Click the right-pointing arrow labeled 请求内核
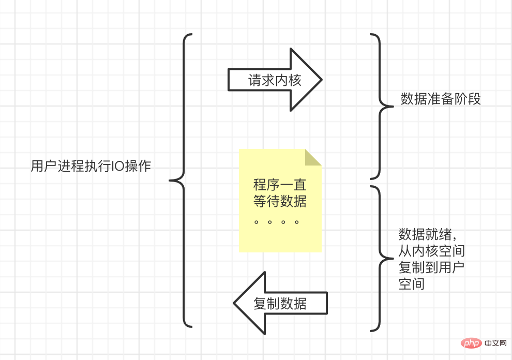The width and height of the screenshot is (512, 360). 275,80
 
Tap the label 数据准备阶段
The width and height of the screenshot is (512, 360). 441,99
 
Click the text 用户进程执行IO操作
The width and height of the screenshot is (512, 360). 91,166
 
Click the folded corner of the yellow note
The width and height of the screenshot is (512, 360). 313,157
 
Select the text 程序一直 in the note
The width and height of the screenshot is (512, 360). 280,185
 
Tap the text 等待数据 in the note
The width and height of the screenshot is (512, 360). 280,201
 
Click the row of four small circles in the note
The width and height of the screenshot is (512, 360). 277,222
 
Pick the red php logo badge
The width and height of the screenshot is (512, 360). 470,343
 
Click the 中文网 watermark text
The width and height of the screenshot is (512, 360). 496,343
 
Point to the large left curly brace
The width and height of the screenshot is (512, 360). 181,181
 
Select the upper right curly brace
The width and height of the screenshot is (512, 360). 380,107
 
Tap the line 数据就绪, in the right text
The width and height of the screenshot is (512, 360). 427,235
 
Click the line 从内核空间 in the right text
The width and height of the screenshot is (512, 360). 431,251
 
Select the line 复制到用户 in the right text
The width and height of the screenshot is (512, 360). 431,268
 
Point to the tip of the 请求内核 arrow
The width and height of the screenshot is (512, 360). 321,80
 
